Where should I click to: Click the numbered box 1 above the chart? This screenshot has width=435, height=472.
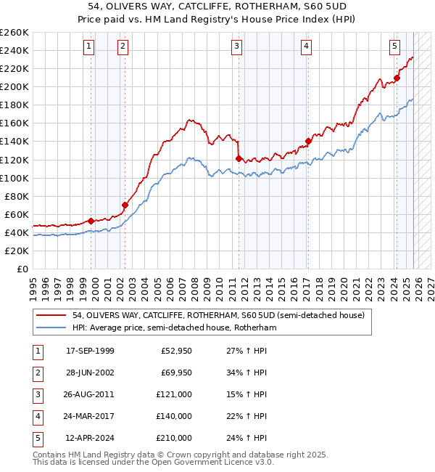pyautogui.click(x=88, y=46)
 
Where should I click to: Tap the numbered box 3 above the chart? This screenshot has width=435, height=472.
pyautogui.click(x=237, y=46)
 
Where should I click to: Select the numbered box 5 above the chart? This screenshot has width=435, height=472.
pyautogui.click(x=394, y=46)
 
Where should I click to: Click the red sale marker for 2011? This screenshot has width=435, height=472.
pyautogui.click(x=238, y=158)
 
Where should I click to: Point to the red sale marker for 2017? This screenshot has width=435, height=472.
pyautogui.click(x=308, y=141)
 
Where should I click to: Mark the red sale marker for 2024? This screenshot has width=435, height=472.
pyautogui.click(x=397, y=78)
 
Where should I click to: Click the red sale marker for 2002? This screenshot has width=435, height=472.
pyautogui.click(x=125, y=205)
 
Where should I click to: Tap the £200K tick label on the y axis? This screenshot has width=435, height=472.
pyautogui.click(x=14, y=86)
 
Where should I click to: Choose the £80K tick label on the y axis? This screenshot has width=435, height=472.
pyautogui.click(x=17, y=196)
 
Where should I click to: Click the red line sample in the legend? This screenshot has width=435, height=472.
pyautogui.click(x=51, y=315)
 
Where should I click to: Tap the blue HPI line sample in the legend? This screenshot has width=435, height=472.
pyautogui.click(x=51, y=327)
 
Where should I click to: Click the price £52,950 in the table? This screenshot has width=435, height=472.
pyautogui.click(x=176, y=351)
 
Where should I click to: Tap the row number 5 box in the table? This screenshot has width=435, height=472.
pyautogui.click(x=36, y=438)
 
